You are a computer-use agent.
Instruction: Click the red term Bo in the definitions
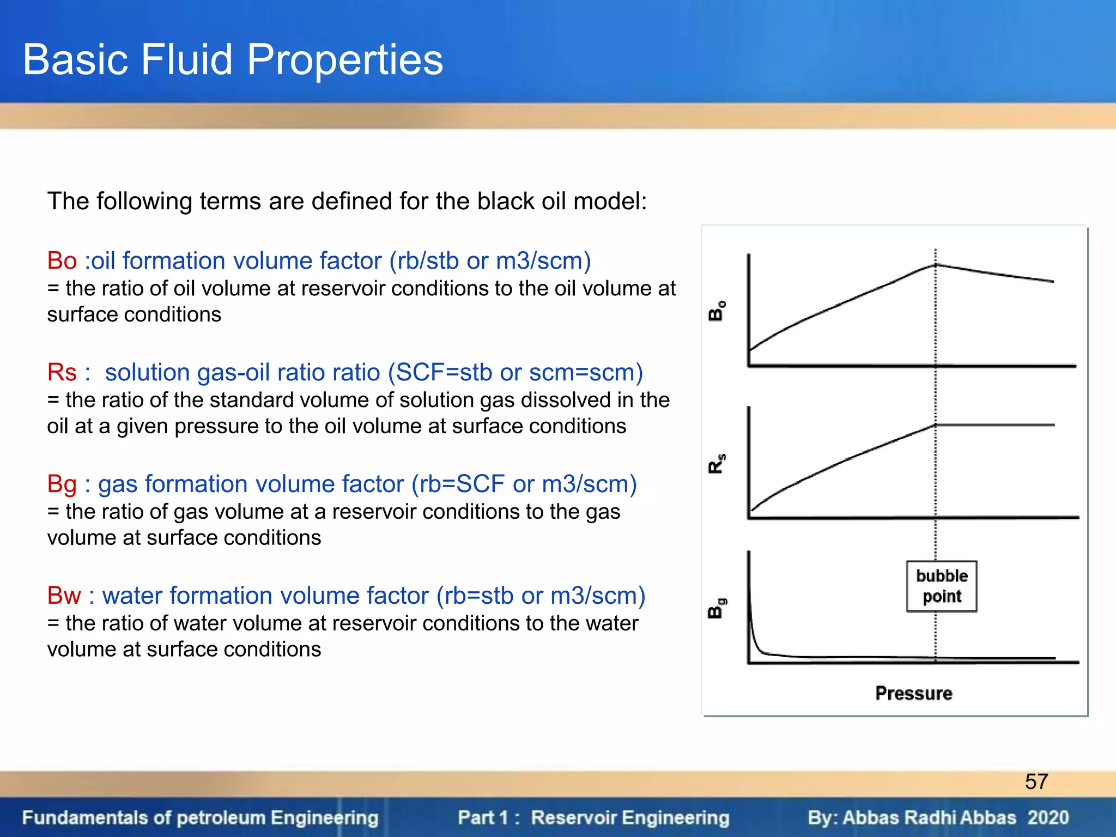62,260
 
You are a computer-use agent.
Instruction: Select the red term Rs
62,372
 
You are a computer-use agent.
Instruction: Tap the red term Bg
62,484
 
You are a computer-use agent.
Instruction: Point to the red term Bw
64,595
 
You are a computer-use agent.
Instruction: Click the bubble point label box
941,586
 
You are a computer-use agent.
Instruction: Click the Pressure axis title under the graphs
913,693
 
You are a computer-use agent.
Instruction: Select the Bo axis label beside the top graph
717,311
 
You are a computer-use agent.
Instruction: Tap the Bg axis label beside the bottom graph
717,608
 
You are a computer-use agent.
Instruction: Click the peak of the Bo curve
936,265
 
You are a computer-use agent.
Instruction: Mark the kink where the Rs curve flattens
936,425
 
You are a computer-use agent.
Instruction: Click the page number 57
1036,781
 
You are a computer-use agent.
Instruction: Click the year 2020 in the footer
1048,817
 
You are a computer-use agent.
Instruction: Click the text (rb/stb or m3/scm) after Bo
490,260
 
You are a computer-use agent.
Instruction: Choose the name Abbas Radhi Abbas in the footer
929,817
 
